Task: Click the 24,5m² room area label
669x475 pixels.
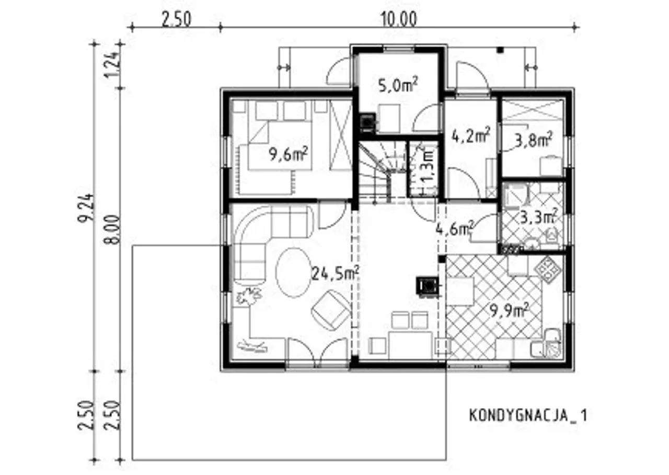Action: [x=335, y=273]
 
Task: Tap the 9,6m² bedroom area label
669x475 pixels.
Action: [x=289, y=154]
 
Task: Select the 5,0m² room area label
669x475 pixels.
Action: [x=398, y=85]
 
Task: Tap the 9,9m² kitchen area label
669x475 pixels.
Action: [x=510, y=311]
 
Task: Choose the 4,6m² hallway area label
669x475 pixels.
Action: [x=455, y=229]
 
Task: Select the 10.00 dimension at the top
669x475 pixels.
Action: [x=399, y=20]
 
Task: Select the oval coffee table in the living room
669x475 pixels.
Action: [x=294, y=273]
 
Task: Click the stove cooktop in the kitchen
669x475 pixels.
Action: [x=548, y=269]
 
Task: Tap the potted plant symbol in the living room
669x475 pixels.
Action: [x=248, y=296]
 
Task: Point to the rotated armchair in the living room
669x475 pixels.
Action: [x=331, y=311]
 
